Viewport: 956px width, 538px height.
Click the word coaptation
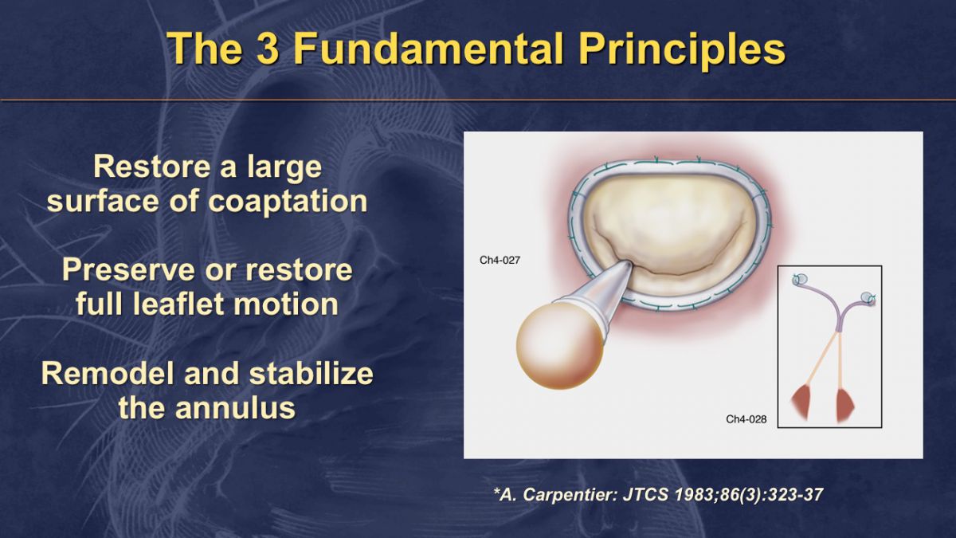288,202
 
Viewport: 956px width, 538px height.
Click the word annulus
235,407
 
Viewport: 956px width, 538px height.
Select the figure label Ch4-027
500,260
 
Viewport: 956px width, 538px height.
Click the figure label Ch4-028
746,419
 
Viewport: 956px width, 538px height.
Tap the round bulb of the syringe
559,345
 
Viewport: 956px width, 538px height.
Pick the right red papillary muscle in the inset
844,403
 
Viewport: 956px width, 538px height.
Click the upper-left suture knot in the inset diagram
799,279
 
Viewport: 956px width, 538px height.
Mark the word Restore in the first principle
152,167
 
